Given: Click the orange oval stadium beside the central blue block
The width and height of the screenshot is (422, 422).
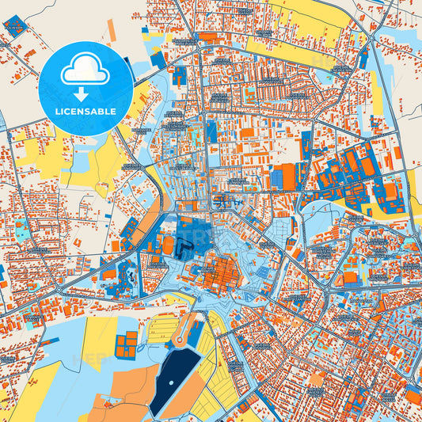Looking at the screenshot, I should pos(168,246).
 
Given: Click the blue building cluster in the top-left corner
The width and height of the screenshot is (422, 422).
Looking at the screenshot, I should pos(17,25).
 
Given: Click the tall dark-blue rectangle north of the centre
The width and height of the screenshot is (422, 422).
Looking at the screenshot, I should pos(211,131).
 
